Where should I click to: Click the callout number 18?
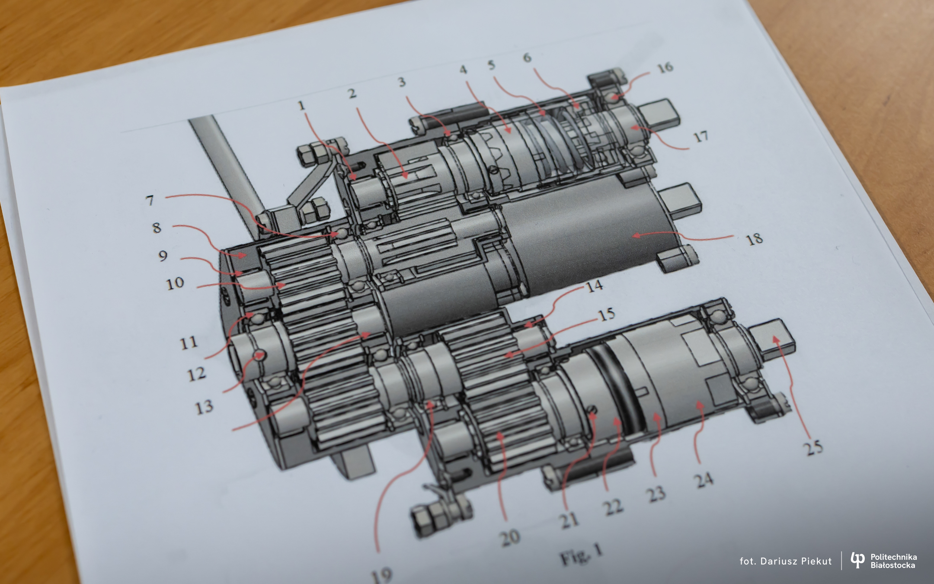click(755, 239)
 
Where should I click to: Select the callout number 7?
click(150, 201)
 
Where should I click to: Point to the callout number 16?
click(665, 67)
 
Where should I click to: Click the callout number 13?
click(204, 406)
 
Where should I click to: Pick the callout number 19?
click(382, 575)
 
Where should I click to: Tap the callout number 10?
click(175, 283)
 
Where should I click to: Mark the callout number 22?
click(613, 507)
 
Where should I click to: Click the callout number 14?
click(595, 286)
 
